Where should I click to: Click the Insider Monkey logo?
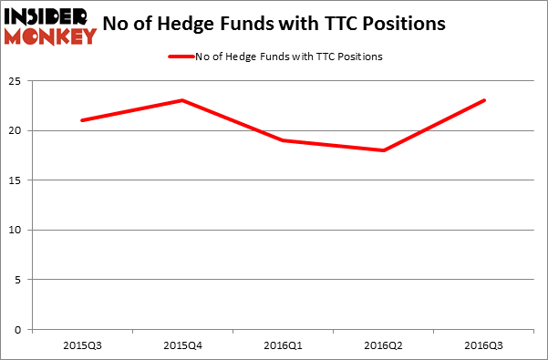[x=50, y=26]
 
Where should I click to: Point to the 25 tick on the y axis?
[x=17, y=82]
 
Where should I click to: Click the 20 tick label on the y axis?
[x=17, y=131]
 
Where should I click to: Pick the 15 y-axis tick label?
[x=17, y=180]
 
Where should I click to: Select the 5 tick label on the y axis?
[x=20, y=280]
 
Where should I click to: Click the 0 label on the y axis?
[x=20, y=329]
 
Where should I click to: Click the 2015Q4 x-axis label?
[x=182, y=345]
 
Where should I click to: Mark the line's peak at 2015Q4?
[x=182, y=100]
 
